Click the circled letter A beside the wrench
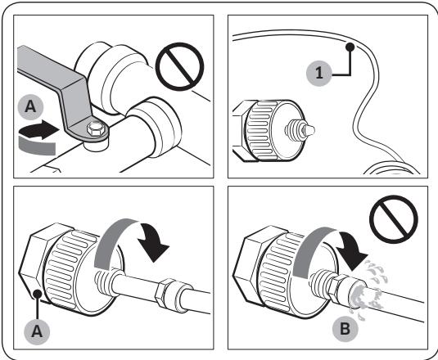[30, 107]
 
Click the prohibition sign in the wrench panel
[179, 67]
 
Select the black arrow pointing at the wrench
[38, 129]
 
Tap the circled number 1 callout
[319, 73]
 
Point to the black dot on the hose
[350, 47]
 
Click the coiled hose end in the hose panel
[392, 169]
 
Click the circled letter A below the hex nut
[37, 331]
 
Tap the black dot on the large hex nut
[37, 294]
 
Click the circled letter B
[345, 328]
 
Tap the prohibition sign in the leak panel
[393, 219]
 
